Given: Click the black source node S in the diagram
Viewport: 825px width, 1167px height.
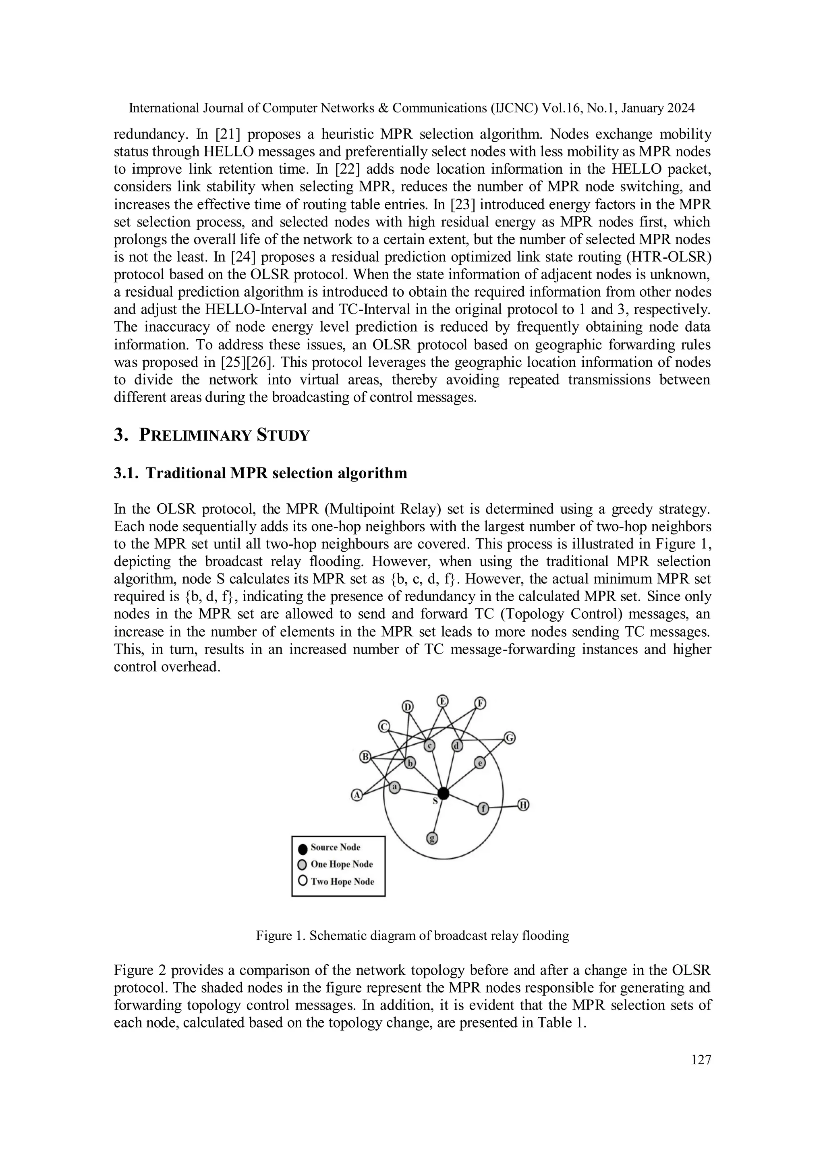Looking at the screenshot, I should pos(443,793).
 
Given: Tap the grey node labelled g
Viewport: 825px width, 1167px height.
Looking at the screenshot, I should pos(432,838).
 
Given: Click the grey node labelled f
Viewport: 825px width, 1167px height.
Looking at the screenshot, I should pos(483,808).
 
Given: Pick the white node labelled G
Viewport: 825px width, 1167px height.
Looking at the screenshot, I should pos(510,737).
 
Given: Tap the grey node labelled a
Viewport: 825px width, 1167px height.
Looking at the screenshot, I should pos(395,787).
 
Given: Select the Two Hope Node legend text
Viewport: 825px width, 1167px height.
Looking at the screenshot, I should pos(342,881).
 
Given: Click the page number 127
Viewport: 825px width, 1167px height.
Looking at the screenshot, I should pos(701,1060).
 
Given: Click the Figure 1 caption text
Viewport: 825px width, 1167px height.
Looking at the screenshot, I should pos(412,935).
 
